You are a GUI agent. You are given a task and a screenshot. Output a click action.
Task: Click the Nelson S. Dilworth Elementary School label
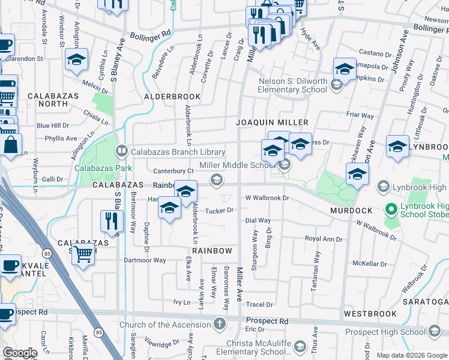tap(293, 85)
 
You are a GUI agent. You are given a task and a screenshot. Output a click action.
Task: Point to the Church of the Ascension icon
tap(220, 325)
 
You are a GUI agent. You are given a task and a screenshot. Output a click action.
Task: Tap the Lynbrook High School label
tap(420, 187)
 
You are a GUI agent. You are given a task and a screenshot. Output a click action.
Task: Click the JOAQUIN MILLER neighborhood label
tap(267, 122)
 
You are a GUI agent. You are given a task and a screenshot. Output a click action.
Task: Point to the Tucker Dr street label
tap(219, 211)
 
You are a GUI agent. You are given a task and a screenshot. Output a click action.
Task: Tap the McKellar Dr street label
tap(370, 263)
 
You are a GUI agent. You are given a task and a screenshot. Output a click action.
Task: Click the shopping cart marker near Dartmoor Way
tap(83, 254)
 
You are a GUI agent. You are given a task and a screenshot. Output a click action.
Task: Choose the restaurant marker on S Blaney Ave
tap(110, 221)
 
